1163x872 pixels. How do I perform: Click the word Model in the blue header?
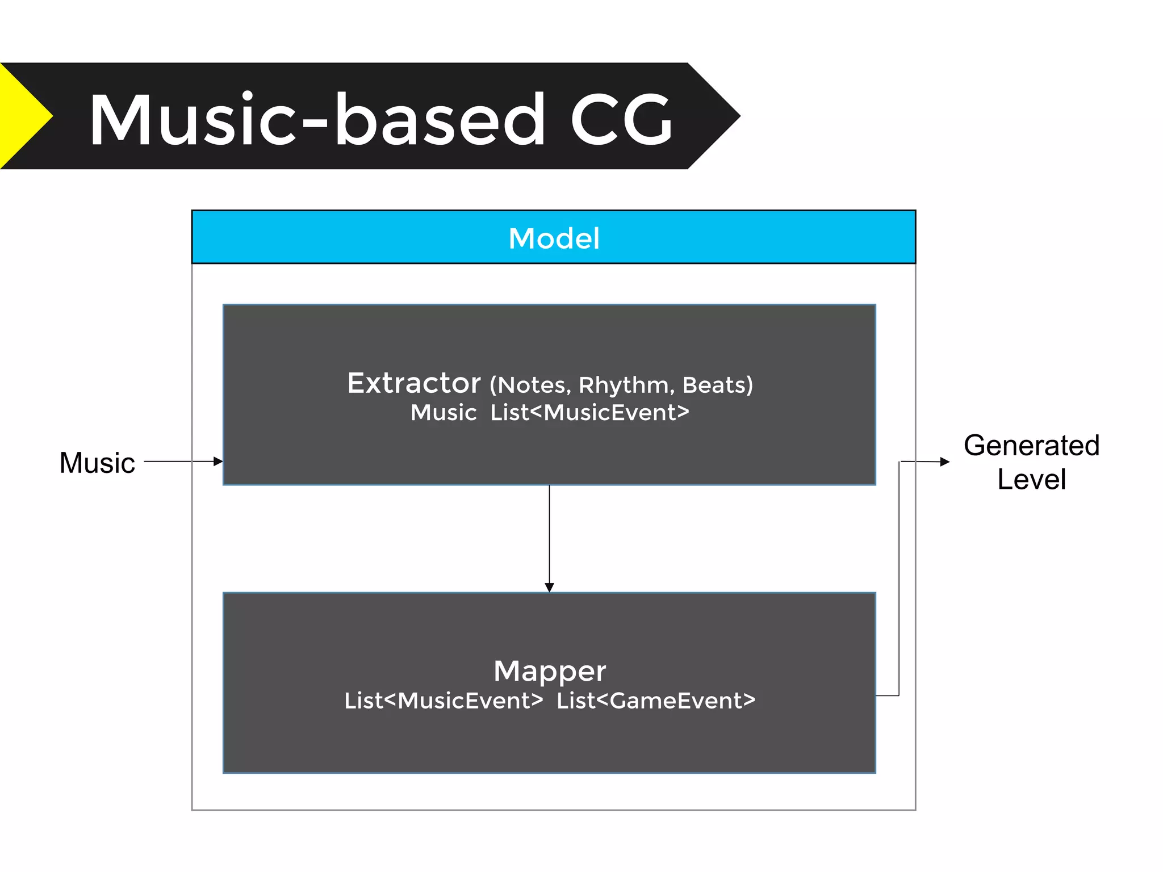click(x=554, y=238)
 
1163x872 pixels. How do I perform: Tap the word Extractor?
click(x=414, y=383)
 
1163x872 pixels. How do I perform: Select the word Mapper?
click(x=550, y=671)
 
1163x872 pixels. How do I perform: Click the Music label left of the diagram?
click(x=97, y=463)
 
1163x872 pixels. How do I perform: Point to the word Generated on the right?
click(x=1031, y=446)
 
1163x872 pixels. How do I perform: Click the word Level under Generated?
click(x=1031, y=480)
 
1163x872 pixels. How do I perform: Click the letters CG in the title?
click(x=621, y=120)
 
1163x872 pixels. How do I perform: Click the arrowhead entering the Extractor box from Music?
click(x=218, y=462)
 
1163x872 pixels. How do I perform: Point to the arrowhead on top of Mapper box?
click(x=549, y=587)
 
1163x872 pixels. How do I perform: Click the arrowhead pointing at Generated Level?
click(x=945, y=462)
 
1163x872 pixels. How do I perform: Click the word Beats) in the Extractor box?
click(x=717, y=385)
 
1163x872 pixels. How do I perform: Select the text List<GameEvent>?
click(x=656, y=701)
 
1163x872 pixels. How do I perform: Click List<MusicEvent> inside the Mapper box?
click(x=444, y=701)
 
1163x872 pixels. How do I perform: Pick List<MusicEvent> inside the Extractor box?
click(x=589, y=413)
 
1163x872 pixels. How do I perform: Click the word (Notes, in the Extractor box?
click(x=530, y=385)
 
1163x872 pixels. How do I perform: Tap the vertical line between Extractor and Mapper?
click(x=549, y=534)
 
